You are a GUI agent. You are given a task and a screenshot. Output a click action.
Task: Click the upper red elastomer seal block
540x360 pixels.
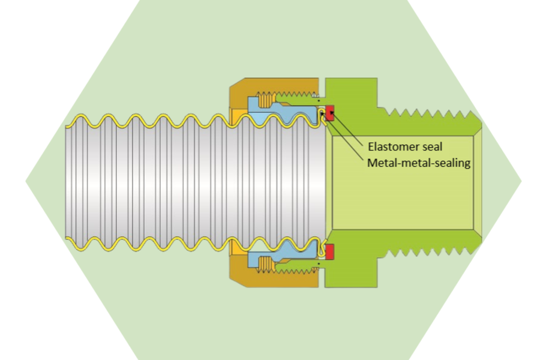pyautogui.click(x=329, y=112)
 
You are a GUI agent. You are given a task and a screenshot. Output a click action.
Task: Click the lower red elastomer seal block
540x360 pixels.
pyautogui.click(x=329, y=253)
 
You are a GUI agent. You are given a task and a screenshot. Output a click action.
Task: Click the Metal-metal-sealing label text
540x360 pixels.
pyautogui.click(x=418, y=163)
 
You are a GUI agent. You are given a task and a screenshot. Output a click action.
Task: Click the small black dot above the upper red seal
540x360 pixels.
pyautogui.click(x=319, y=100)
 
